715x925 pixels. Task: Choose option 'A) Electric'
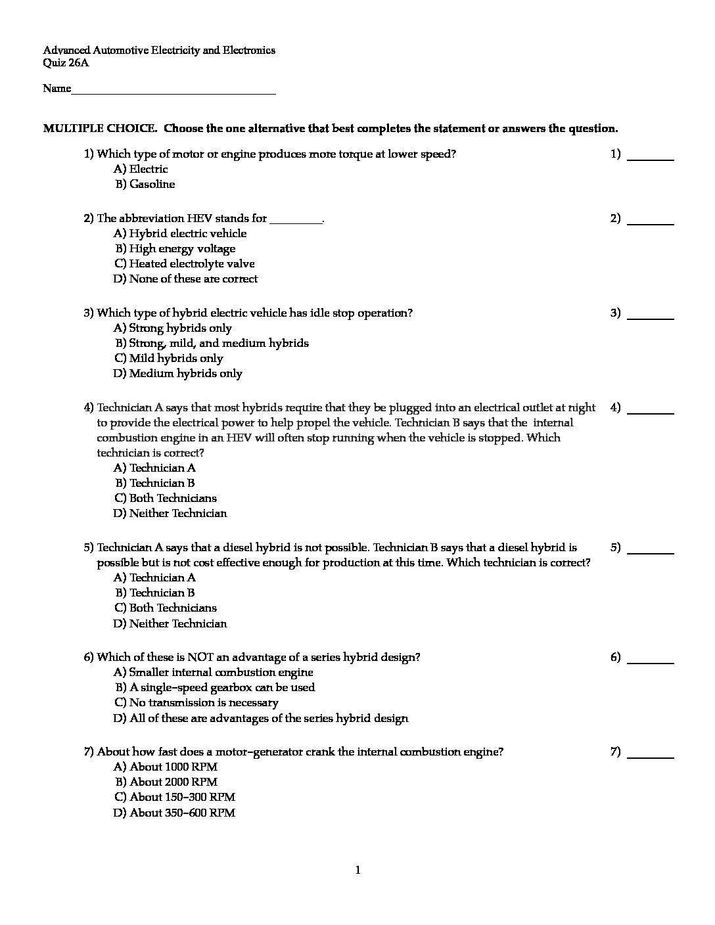pyautogui.click(x=141, y=169)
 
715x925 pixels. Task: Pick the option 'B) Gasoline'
pyautogui.click(x=145, y=185)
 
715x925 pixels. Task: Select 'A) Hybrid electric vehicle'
pyautogui.click(x=180, y=233)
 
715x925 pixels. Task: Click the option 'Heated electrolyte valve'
pyautogui.click(x=184, y=263)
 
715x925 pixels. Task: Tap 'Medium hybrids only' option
pyautogui.click(x=178, y=373)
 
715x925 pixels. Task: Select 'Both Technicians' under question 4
pyautogui.click(x=166, y=498)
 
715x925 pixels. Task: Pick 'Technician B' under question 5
pyautogui.click(x=155, y=593)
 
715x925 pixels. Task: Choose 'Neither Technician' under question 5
pyautogui.click(x=170, y=623)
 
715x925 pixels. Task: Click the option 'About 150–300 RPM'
pyautogui.click(x=174, y=797)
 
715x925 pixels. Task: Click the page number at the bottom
pyautogui.click(x=357, y=870)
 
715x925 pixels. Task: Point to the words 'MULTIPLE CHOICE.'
pyautogui.click(x=100, y=129)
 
